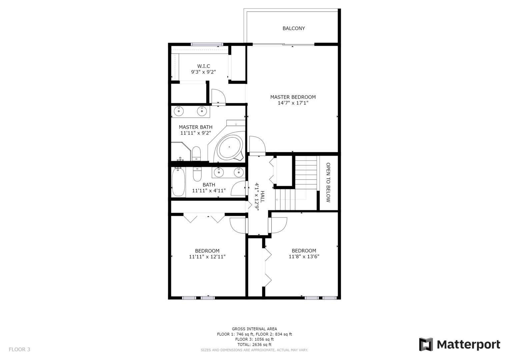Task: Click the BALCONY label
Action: tap(293, 28)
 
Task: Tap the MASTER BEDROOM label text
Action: tap(293, 97)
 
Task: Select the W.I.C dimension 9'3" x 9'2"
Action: tap(203, 72)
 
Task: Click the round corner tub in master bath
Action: tap(229, 147)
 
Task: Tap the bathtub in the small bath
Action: tap(178, 182)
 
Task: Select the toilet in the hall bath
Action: tap(197, 174)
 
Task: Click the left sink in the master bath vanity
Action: tap(179, 111)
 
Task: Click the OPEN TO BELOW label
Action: tap(328, 182)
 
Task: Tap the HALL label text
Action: tap(262, 197)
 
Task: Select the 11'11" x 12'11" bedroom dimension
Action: tap(207, 257)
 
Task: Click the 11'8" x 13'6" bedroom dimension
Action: tap(304, 256)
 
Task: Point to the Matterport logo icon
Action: tap(426, 344)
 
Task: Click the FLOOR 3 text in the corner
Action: tap(19, 349)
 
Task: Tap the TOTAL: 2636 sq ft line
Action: tap(254, 344)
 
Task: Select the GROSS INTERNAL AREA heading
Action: tap(254, 329)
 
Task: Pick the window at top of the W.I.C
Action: tap(207, 44)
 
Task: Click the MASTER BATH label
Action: tap(195, 127)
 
